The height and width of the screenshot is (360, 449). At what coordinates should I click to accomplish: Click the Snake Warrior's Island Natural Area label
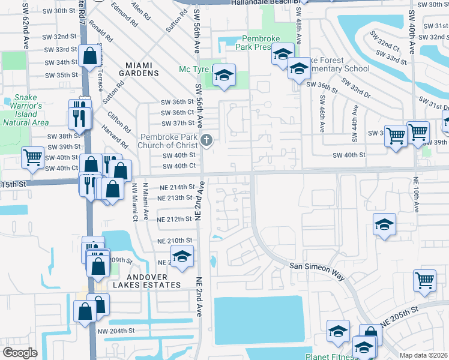point(25,110)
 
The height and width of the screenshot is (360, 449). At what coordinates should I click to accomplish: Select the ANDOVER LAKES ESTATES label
point(142,281)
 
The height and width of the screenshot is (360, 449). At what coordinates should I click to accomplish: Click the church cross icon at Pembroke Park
point(206,140)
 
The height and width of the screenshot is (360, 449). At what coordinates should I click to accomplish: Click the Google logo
point(20,352)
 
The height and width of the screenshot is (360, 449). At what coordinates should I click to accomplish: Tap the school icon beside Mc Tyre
point(224,75)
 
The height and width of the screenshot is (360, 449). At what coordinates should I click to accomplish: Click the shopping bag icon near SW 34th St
point(89,57)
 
